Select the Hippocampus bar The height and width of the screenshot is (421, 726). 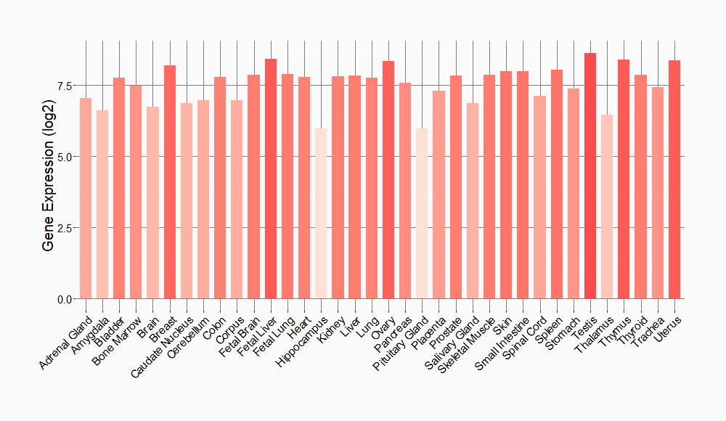(x=321, y=214)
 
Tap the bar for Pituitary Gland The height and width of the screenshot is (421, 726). (x=422, y=214)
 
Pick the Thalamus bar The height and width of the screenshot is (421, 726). (x=607, y=207)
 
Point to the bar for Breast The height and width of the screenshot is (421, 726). (x=170, y=181)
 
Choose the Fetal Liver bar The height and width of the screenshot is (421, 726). (x=271, y=179)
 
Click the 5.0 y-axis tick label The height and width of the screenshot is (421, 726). (x=65, y=157)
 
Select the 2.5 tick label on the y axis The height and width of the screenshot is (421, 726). (x=65, y=228)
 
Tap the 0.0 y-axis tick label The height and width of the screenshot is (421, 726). (x=65, y=299)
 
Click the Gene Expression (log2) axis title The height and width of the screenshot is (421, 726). (x=49, y=174)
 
